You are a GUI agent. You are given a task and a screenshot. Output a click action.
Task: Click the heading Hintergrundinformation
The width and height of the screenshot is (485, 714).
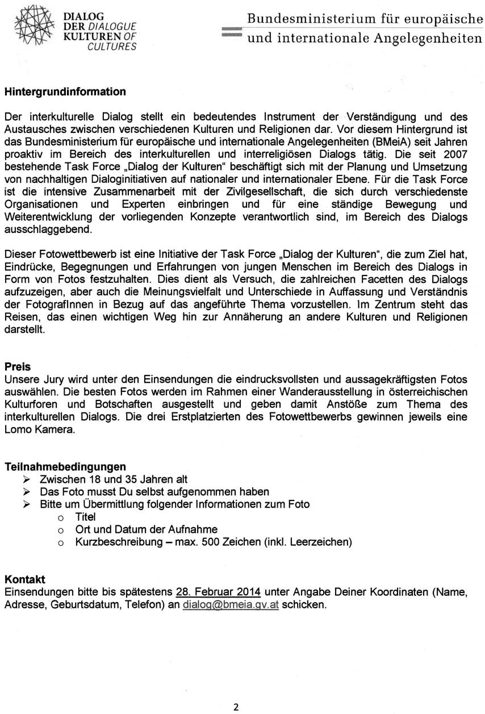(x=65, y=91)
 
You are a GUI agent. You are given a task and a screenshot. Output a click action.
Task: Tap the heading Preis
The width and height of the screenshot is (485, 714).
(x=18, y=367)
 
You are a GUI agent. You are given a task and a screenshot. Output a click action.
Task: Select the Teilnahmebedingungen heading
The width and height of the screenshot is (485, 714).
(x=65, y=467)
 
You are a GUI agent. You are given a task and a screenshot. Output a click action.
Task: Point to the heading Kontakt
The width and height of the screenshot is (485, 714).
(x=25, y=579)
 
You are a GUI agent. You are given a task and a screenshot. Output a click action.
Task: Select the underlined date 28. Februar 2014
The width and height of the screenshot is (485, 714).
(x=218, y=592)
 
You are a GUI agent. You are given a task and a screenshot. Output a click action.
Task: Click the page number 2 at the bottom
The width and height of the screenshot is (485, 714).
(x=236, y=707)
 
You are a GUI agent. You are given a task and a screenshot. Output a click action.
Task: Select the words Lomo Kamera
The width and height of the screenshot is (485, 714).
(x=39, y=429)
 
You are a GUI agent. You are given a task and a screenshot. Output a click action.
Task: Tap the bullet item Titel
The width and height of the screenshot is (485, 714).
(x=85, y=517)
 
